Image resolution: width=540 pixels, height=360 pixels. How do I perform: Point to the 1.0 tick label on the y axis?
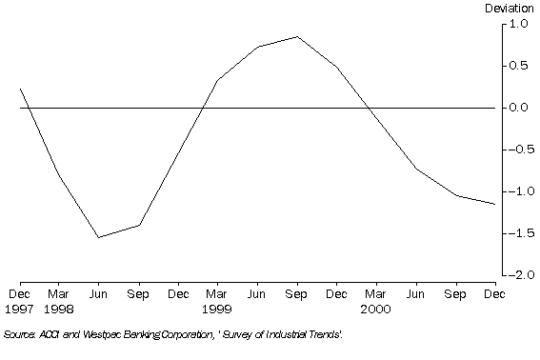click(x=520, y=25)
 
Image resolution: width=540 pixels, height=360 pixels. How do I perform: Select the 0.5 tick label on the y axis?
click(x=520, y=66)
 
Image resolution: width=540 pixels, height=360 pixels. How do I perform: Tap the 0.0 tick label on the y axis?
click(x=520, y=108)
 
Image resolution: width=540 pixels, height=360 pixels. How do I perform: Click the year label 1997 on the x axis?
click(x=20, y=309)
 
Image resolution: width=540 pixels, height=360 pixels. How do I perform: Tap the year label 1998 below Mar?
click(x=59, y=309)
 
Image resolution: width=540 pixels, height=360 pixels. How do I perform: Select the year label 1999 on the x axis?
click(x=217, y=309)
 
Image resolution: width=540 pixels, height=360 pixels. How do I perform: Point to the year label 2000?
click(x=375, y=309)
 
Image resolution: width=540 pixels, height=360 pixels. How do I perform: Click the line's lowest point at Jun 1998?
click(x=99, y=237)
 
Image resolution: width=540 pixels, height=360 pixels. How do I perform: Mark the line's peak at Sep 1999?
click(x=297, y=37)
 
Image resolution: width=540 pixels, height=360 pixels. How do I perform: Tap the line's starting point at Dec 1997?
click(x=20, y=89)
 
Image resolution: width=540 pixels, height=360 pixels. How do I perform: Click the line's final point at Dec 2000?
click(x=495, y=204)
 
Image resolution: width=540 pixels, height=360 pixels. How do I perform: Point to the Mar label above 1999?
click(x=217, y=295)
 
